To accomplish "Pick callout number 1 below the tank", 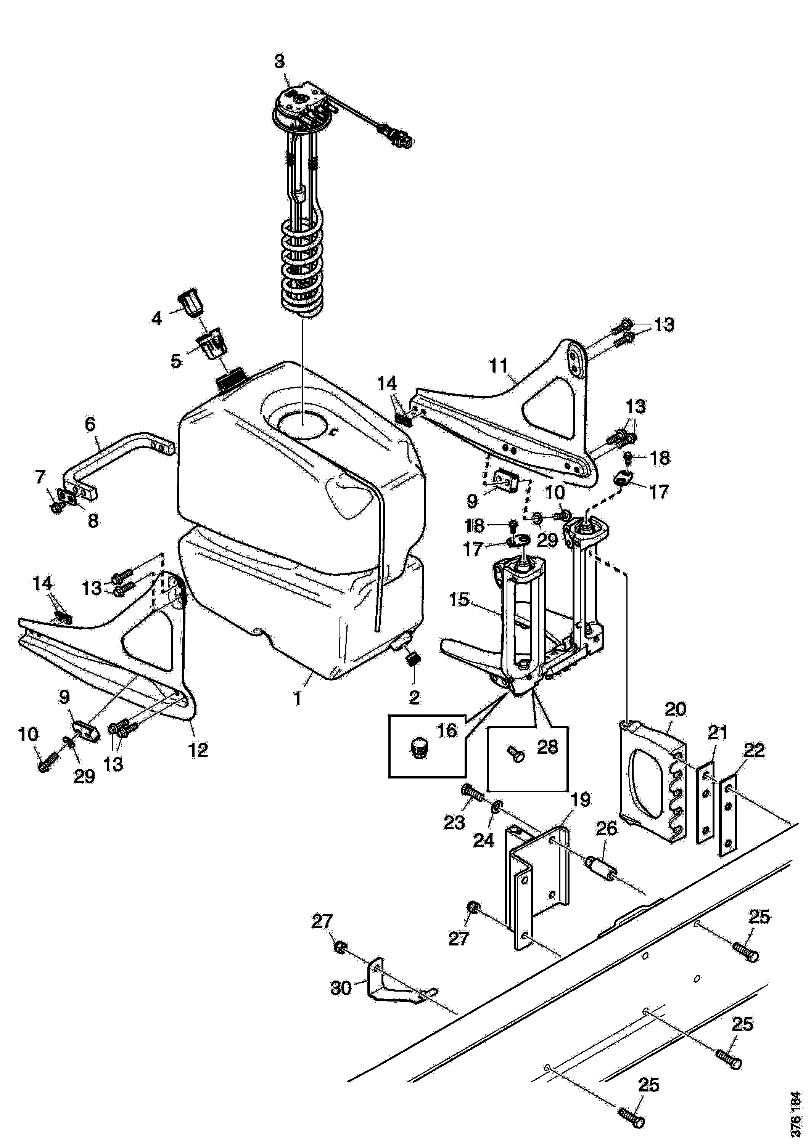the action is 298,698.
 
